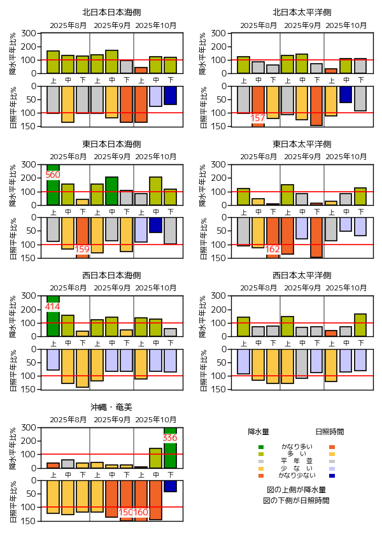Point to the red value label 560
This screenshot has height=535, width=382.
tap(53, 175)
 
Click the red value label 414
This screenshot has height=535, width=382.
tap(53, 306)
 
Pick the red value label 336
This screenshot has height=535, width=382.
tap(170, 438)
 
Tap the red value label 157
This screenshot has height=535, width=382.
tap(258, 118)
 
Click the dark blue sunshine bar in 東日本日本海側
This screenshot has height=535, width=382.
tap(155, 225)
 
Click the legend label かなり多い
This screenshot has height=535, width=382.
tap(297, 446)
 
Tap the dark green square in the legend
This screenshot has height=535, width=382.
tap(261, 446)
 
